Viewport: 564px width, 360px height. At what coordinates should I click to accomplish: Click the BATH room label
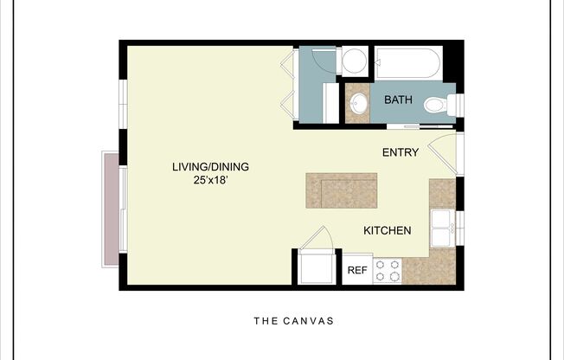coord(398,100)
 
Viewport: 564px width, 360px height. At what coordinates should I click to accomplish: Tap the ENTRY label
coord(401,153)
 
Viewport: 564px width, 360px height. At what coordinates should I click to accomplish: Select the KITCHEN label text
coord(387,231)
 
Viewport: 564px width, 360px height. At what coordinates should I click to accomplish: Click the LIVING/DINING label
coord(203,167)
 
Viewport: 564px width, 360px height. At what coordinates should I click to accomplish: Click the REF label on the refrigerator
coord(357,270)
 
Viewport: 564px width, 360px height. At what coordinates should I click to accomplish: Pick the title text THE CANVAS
coord(293,321)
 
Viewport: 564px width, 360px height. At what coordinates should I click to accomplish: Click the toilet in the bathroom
coord(441,106)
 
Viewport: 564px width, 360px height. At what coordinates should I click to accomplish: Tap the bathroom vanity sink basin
coord(357,104)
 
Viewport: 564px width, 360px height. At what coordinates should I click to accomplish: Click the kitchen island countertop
coord(341,190)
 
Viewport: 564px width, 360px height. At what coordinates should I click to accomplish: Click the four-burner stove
coord(387,270)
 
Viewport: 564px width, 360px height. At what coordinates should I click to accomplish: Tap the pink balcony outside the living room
coord(110,208)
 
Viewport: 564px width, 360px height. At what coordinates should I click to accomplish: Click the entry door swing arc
coord(443,149)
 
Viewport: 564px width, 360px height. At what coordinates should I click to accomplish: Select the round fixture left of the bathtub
coord(353,61)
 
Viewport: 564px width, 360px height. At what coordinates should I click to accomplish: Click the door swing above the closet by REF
coord(317,238)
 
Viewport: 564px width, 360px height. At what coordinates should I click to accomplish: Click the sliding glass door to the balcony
coord(124,208)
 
